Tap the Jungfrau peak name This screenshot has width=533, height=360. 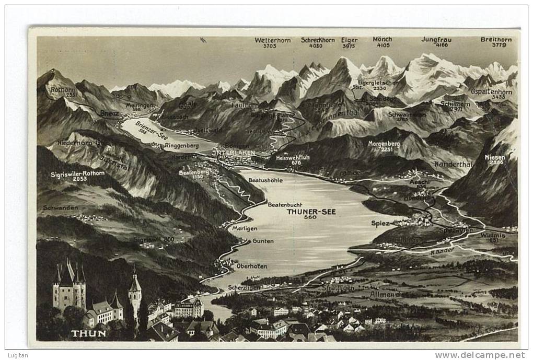436,39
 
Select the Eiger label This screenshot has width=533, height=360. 349,40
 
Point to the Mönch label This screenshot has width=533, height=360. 383,39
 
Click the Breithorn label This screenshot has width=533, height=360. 496,39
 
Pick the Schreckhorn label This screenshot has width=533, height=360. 318,40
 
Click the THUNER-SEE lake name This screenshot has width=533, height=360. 311,212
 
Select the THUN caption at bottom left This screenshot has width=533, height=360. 89,333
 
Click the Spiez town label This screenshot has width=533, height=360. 380,223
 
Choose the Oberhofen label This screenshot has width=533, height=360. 251,266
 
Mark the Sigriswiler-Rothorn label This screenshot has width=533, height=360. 77,173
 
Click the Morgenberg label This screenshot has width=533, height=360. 384,143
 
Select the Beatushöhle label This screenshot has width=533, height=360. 265,180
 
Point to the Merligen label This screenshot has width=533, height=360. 245,228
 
